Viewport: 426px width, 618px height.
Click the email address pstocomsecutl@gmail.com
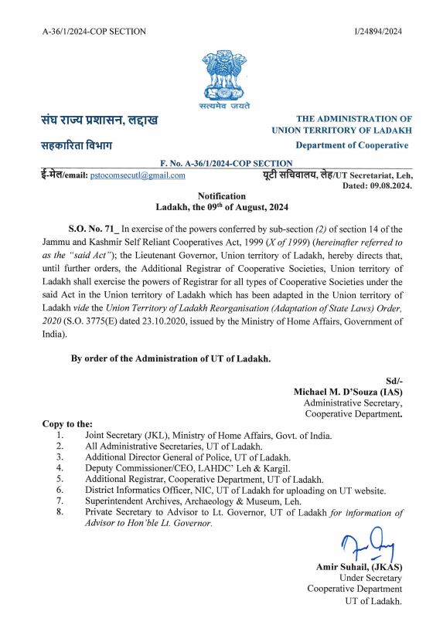pos(138,175)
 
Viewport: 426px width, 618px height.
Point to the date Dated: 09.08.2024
pos(376,186)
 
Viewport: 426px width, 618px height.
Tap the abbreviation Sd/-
pos(394,381)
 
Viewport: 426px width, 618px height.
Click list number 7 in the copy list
pos(60,501)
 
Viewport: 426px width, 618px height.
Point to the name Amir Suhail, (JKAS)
pos(359,566)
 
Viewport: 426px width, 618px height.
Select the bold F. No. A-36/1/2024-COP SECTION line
pos(226,164)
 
